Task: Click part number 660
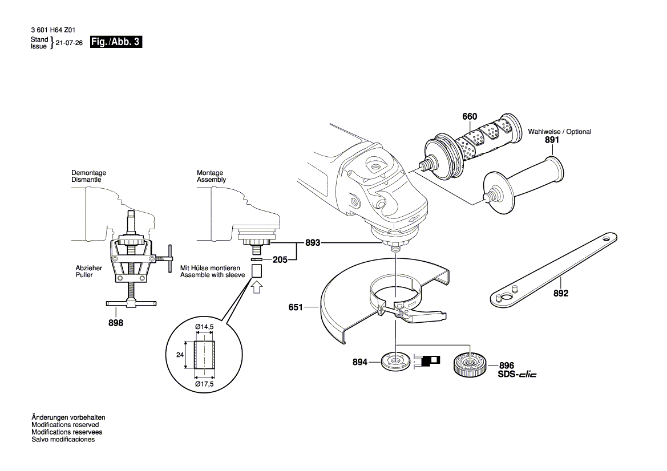click(x=470, y=117)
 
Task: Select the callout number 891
click(x=552, y=140)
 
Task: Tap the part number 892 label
click(x=561, y=294)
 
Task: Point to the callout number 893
click(x=312, y=242)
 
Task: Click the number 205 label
click(x=280, y=259)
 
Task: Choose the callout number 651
click(x=295, y=308)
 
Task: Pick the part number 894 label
click(x=359, y=362)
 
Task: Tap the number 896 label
click(x=507, y=366)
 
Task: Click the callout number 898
click(x=116, y=323)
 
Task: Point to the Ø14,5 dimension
click(x=204, y=326)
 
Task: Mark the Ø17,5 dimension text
click(x=204, y=384)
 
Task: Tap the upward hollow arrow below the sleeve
click(x=257, y=287)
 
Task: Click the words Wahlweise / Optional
click(x=559, y=132)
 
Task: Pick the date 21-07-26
click(x=70, y=43)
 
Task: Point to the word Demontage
click(x=88, y=173)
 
